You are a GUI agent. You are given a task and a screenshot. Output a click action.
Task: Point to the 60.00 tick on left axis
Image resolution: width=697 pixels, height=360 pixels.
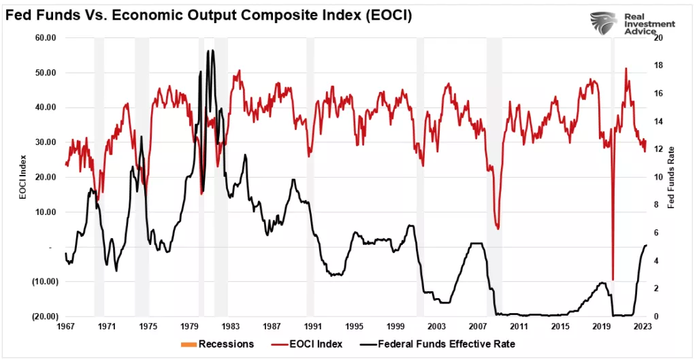pyautogui.click(x=45, y=37)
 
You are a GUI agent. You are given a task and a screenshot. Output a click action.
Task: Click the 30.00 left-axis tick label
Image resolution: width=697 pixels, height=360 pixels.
pyautogui.click(x=45, y=142)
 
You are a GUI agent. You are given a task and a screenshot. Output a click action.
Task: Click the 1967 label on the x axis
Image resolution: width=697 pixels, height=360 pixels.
pyautogui.click(x=65, y=327)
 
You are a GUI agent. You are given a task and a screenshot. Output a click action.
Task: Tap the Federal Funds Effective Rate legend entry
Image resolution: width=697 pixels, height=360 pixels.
pyautogui.click(x=440, y=344)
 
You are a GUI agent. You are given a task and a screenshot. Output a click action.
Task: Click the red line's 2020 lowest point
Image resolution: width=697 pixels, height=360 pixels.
pyautogui.click(x=613, y=280)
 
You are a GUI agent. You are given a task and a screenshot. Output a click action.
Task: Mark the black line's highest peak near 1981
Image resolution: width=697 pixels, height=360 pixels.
pyautogui.click(x=212, y=50)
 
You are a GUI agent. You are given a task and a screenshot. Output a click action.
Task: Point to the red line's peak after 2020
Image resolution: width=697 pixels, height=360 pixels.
pyautogui.click(x=626, y=68)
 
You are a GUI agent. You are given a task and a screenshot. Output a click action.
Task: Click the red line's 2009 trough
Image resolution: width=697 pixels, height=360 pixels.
pyautogui.click(x=498, y=229)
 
